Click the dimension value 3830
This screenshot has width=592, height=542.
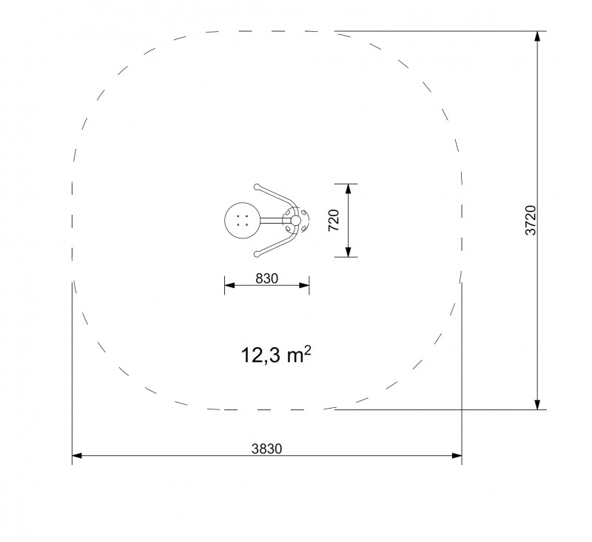pos(266,449)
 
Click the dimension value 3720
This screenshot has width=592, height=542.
pos(531,220)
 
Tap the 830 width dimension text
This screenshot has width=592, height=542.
pos(266,278)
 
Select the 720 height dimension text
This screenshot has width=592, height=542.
pos(334,220)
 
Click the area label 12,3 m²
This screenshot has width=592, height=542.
pos(276,354)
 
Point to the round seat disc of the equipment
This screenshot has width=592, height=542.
pos(242,220)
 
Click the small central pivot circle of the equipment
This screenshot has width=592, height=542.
pos(295,220)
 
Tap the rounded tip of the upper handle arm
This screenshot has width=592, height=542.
pos(257,187)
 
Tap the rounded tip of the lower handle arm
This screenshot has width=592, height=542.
pos(257,254)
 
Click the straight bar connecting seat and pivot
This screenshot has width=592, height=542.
pos(271,220)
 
